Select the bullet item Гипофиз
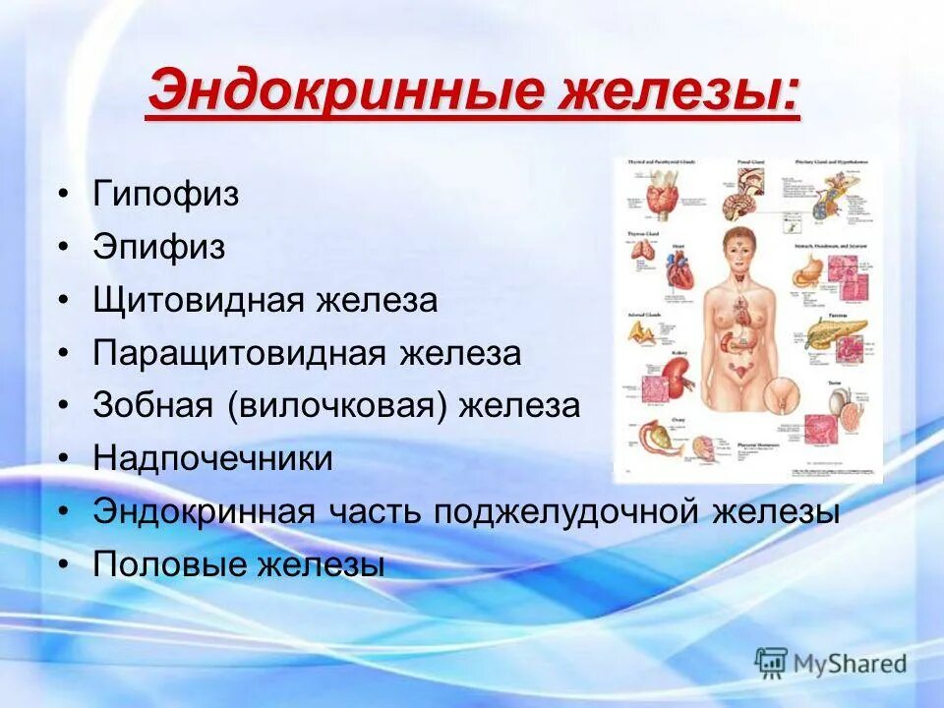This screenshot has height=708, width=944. coord(165,194)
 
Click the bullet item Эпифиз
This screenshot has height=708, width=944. coord(158,247)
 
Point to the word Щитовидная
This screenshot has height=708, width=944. coord(198,300)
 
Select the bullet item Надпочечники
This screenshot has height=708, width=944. coord(212,458)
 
